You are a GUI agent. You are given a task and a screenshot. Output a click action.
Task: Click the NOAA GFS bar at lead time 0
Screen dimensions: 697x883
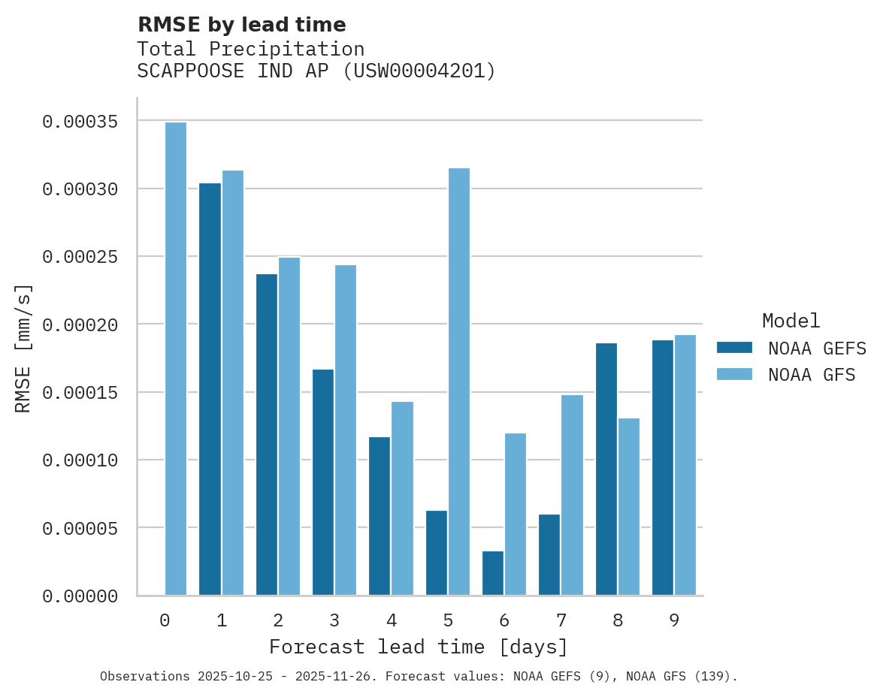pos(176,359)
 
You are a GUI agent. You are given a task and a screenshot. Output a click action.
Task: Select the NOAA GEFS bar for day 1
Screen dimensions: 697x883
pos(210,389)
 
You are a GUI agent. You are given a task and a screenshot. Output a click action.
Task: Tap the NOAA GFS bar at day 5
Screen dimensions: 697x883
pos(459,382)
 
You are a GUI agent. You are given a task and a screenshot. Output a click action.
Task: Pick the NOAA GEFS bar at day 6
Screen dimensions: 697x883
pos(493,573)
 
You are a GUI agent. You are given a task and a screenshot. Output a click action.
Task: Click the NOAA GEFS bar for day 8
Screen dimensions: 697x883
pos(606,469)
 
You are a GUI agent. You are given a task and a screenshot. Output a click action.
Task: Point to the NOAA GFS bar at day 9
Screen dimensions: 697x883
pos(685,465)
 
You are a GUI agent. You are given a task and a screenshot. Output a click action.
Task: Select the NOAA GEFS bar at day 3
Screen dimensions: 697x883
pos(323,482)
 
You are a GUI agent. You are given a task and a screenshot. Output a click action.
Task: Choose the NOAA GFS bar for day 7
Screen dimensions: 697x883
pos(572,495)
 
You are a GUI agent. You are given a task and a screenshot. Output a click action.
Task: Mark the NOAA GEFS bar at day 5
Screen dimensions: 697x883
pos(437,553)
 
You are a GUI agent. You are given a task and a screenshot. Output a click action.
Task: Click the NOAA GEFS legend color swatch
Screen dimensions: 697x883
pos(734,347)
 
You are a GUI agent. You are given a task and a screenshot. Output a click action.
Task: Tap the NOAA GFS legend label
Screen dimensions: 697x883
pos(812,375)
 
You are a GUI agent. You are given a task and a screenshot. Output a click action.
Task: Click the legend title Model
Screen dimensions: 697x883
pos(791,321)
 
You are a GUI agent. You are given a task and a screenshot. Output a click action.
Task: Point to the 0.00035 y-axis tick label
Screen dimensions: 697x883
pos(80,122)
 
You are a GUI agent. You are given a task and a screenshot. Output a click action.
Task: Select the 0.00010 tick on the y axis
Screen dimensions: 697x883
pos(80,460)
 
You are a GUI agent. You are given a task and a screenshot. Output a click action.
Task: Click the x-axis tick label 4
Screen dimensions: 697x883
pos(392,621)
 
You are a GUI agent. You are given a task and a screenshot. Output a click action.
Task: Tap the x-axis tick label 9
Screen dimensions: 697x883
pos(674,621)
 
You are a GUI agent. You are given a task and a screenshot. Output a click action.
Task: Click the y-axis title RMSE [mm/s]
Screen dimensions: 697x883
pos(23,348)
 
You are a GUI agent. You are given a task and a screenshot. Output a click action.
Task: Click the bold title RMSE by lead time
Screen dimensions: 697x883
pos(242,25)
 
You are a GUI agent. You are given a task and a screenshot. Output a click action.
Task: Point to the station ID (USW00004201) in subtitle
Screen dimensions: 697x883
pos(419,71)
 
